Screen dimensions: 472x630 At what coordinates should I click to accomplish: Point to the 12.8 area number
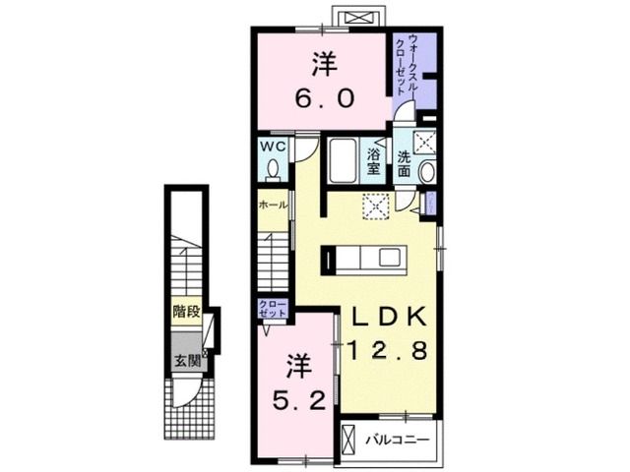[386, 349]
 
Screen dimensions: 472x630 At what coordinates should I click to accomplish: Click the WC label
[273, 147]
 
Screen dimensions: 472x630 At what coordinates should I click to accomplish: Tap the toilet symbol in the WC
[273, 169]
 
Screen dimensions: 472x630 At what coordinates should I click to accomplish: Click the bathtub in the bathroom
[343, 160]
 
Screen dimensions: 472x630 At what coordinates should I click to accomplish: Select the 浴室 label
[375, 161]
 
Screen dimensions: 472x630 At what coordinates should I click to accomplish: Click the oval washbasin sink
[426, 172]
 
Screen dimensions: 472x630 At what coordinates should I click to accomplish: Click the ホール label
[272, 206]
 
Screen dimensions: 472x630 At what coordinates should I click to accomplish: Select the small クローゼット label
[272, 307]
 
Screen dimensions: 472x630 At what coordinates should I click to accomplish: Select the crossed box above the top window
[356, 17]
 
